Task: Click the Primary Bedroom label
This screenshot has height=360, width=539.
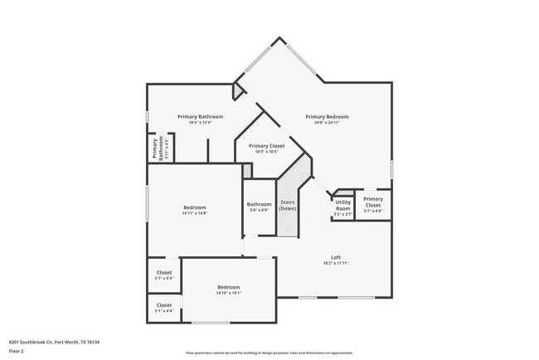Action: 326,117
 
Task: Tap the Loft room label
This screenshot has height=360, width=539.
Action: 336,257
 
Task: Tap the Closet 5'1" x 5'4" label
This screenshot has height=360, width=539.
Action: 164,275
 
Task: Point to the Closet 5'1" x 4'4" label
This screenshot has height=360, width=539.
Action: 164,308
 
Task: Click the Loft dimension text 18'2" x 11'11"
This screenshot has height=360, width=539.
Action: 336,263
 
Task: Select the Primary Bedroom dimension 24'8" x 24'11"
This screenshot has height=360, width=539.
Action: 326,124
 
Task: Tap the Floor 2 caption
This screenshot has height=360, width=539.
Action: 17,351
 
